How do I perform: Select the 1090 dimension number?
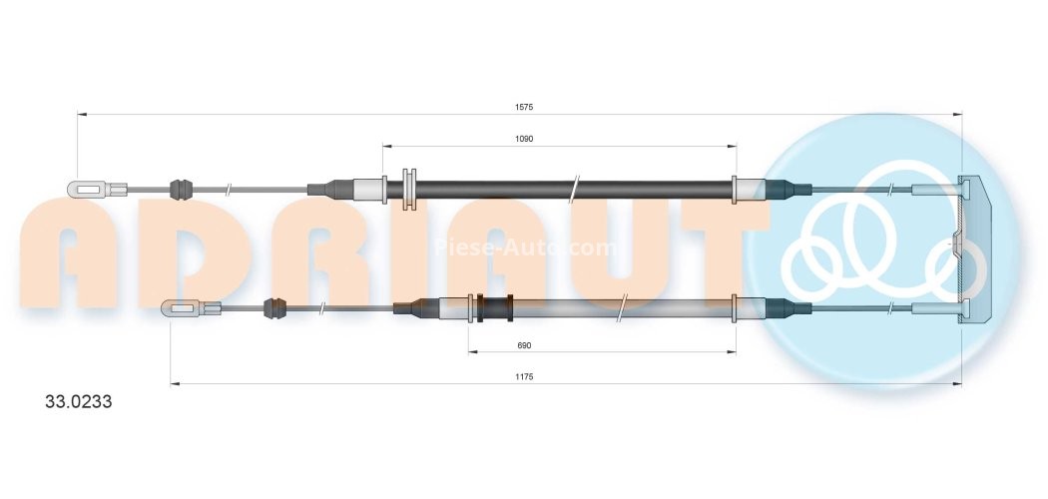pyautogui.click(x=525, y=139)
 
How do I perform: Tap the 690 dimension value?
pyautogui.click(x=524, y=345)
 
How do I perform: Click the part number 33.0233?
pyautogui.click(x=79, y=403)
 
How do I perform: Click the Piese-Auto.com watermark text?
pyautogui.click(x=524, y=247)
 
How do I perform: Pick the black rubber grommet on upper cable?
pyautogui.click(x=180, y=188)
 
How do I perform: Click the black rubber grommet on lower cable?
pyautogui.click(x=273, y=308)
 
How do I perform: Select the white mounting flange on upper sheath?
pyautogui.click(x=407, y=189)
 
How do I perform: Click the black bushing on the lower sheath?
pyautogui.click(x=493, y=308)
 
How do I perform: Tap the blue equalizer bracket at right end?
pyautogui.click(x=969, y=249)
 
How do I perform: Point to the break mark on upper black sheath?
pyautogui.click(x=574, y=188)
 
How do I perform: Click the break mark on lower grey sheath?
pyautogui.click(x=621, y=308)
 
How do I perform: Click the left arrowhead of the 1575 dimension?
pyautogui.click(x=82, y=115)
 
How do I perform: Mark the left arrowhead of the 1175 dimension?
pyautogui.click(x=175, y=383)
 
